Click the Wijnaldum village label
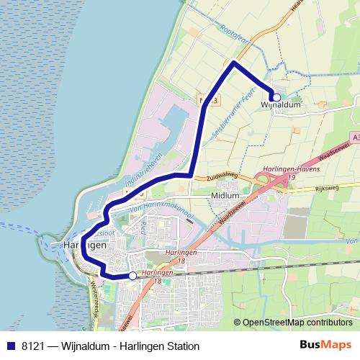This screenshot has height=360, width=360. [280, 105]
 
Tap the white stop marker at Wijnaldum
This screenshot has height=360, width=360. [276, 97]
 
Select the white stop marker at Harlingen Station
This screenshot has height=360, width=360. [132, 276]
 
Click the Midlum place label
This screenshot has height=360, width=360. [225, 195]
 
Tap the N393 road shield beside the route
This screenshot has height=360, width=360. [205, 99]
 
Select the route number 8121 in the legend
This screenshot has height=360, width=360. [35, 346]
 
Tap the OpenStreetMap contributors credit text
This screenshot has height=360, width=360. [297, 323]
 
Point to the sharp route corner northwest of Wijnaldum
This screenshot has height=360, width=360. [234, 63]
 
